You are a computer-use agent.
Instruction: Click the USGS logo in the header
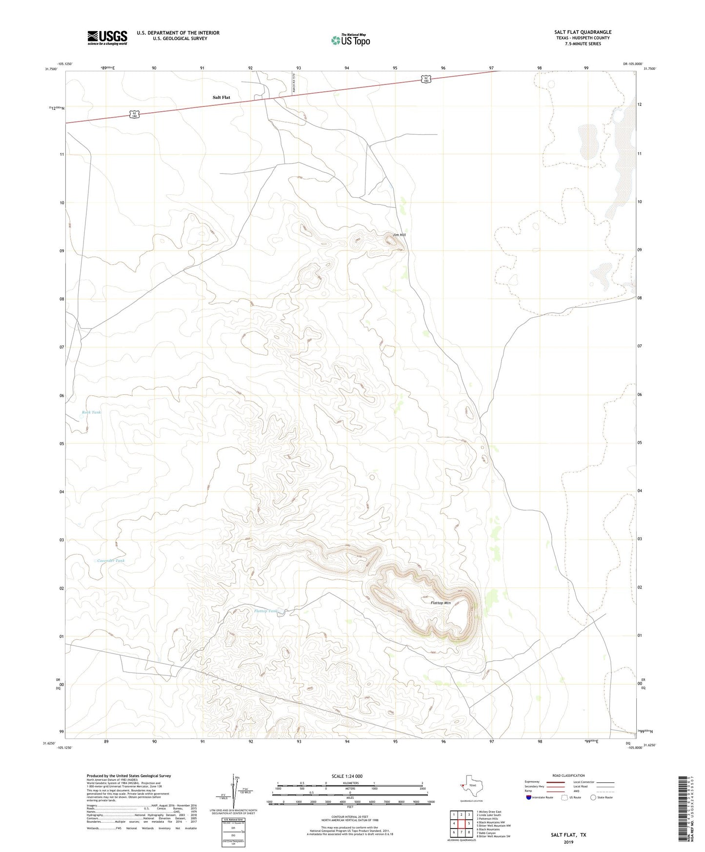(x=107, y=37)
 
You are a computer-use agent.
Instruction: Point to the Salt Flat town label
(x=221, y=98)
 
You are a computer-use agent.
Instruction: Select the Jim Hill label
(x=399, y=235)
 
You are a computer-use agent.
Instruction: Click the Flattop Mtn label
(x=441, y=603)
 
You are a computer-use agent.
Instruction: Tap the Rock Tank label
(x=92, y=412)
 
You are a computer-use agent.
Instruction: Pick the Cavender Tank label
(x=111, y=561)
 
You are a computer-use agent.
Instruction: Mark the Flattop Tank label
(x=266, y=611)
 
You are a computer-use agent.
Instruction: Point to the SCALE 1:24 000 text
(x=347, y=776)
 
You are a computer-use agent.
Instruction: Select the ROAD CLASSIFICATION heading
(x=568, y=775)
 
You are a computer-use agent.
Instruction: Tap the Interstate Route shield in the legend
(x=529, y=797)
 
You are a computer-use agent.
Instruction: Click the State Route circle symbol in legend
(x=593, y=797)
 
